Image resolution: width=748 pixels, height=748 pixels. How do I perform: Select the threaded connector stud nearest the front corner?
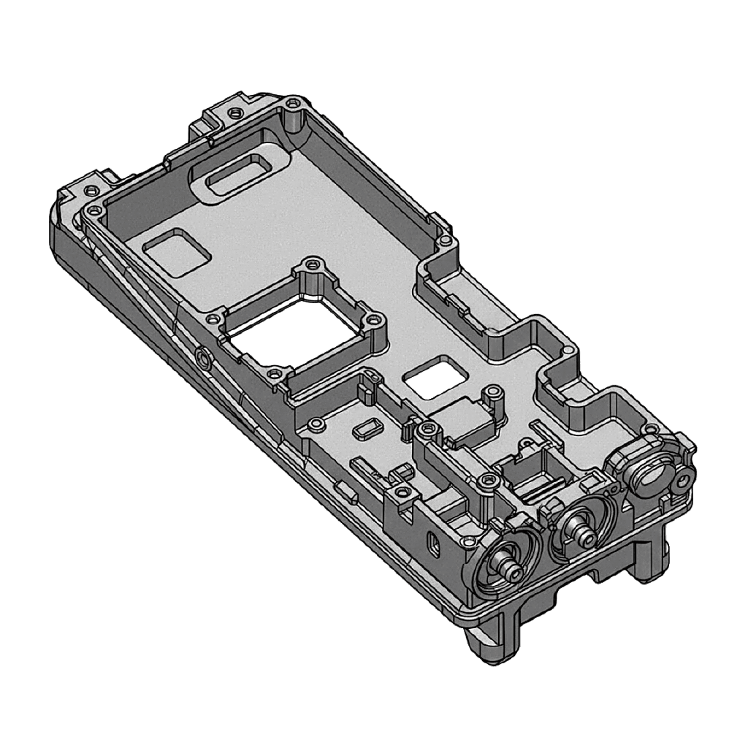click(505, 565)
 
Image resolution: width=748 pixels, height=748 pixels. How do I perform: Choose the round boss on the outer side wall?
click(204, 356)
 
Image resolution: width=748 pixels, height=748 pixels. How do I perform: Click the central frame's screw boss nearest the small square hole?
click(375, 320)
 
